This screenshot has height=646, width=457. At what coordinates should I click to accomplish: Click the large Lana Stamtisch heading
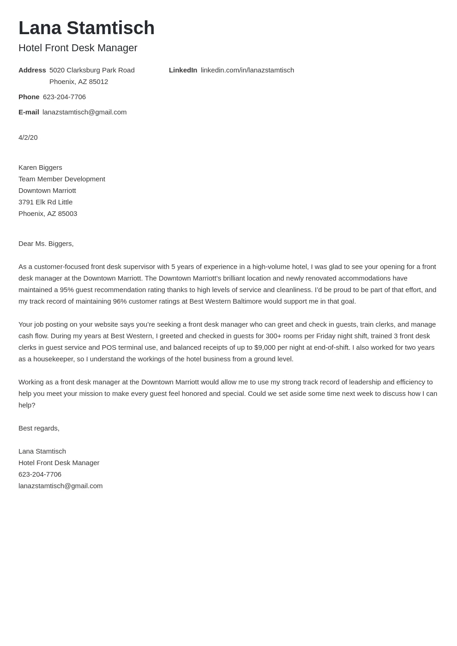click(86, 28)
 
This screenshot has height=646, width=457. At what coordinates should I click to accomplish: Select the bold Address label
click(32, 70)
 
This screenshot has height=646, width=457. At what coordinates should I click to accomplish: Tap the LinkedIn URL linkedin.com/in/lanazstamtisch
click(247, 70)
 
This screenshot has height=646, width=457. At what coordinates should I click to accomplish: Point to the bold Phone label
click(29, 97)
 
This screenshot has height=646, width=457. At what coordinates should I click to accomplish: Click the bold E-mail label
click(29, 112)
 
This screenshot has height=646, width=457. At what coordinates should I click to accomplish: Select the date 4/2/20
click(28, 138)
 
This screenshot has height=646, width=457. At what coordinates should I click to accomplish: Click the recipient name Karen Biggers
click(40, 167)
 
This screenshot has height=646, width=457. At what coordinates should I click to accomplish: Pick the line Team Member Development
click(62, 179)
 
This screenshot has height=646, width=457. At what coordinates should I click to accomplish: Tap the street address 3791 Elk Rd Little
click(45, 202)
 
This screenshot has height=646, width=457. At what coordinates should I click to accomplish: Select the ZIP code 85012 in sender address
click(98, 82)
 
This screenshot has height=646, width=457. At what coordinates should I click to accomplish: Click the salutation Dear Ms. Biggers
click(46, 244)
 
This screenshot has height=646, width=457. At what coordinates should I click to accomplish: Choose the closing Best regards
click(39, 428)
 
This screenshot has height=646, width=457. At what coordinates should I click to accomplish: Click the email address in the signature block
click(60, 486)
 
